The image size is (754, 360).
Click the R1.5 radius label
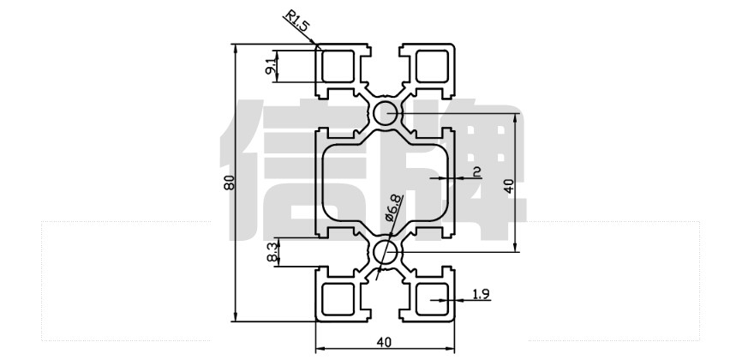click(x=296, y=21)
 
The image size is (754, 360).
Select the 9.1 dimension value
click(x=272, y=65)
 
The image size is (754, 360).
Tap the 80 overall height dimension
click(x=229, y=183)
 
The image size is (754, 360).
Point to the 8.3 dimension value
click(x=272, y=252)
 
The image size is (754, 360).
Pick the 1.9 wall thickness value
click(x=480, y=296)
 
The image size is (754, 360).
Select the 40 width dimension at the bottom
click(x=385, y=342)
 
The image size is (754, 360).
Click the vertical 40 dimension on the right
click(x=509, y=185)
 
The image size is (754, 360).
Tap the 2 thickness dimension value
click(x=477, y=171)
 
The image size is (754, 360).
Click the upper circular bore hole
click(x=385, y=112)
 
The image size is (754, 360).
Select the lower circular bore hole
click(x=385, y=252)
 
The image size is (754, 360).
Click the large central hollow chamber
click(x=385, y=182)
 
